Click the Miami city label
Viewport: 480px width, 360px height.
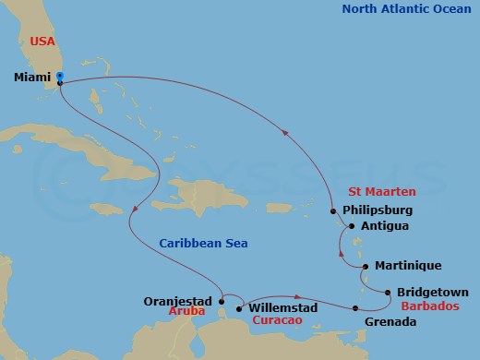click(x=32, y=78)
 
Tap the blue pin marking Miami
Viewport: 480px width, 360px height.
click(x=59, y=78)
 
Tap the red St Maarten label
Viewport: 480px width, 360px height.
click(x=380, y=192)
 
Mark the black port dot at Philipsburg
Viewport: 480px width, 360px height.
click(x=334, y=210)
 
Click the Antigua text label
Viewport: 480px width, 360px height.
click(x=387, y=225)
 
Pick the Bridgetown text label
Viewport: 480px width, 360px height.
click(x=432, y=293)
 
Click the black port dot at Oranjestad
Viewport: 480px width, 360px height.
click(x=222, y=300)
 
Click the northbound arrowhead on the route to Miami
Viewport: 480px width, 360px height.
click(x=284, y=132)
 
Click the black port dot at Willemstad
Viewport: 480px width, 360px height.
click(x=239, y=308)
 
